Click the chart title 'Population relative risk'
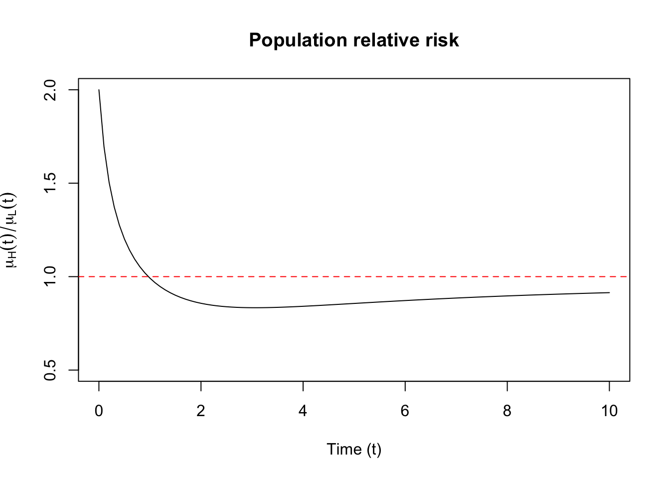(353, 40)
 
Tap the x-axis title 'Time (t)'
(353, 449)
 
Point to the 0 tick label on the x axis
(99, 411)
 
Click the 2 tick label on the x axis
(201, 411)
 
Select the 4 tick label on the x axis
(303, 411)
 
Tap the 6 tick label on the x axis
(405, 411)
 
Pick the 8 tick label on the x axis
(507, 411)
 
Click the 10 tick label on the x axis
(609, 411)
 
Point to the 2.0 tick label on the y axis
(50, 90)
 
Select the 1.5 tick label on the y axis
(50, 183)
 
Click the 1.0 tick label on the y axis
(50, 276)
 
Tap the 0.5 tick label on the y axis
(50, 370)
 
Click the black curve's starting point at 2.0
(99, 90)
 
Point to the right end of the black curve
(609, 292)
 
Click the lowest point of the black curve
(254, 307)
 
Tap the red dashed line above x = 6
(405, 276)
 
